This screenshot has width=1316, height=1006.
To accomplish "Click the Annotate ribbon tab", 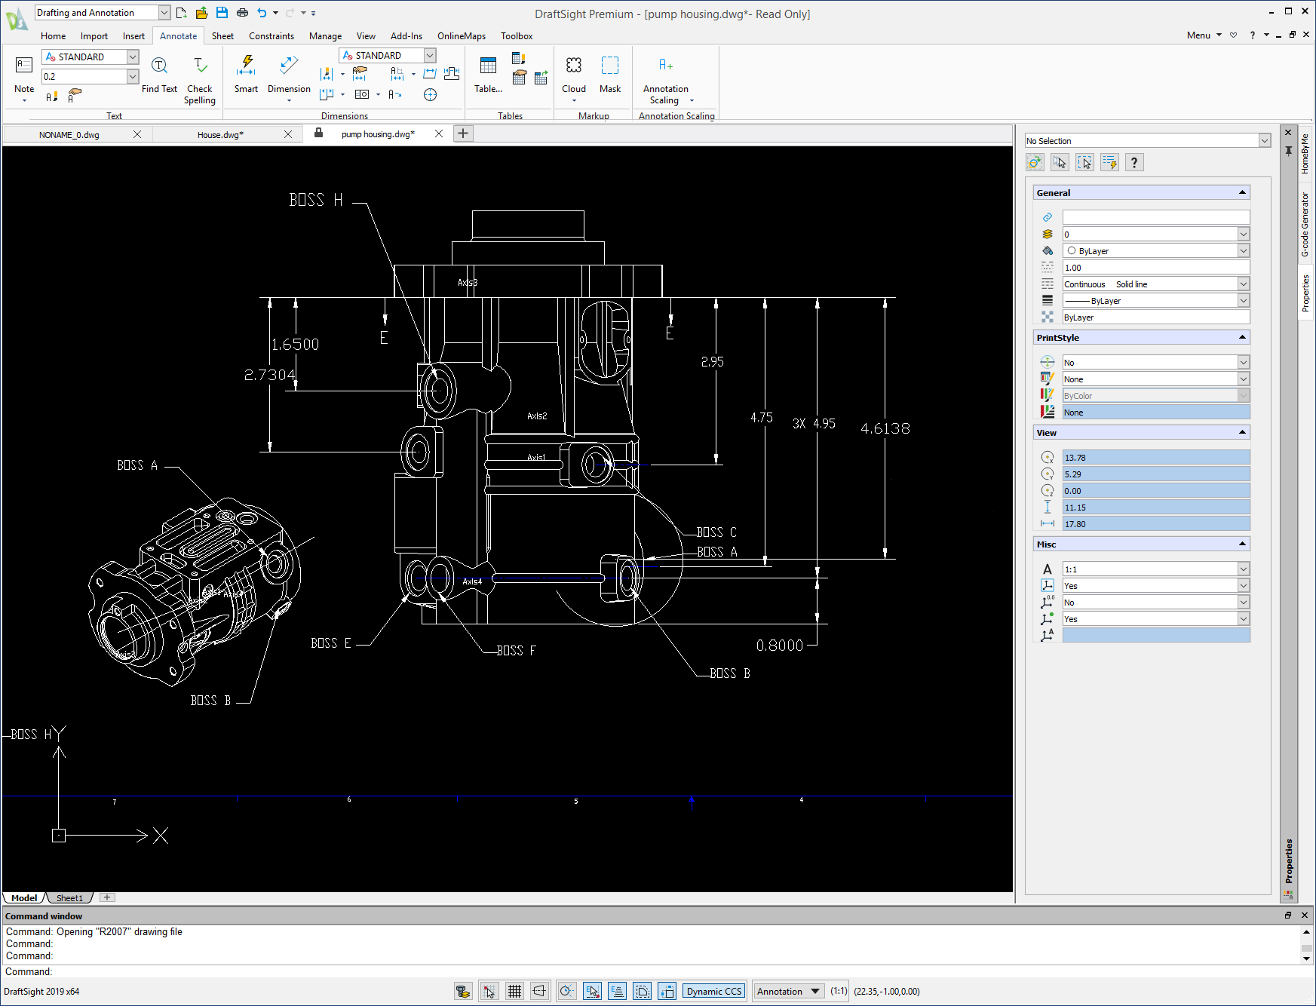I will (x=178, y=36).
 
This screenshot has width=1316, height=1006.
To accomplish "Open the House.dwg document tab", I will (x=220, y=135).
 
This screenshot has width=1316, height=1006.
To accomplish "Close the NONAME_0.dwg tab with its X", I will (x=137, y=134).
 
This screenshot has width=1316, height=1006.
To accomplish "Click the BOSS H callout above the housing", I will (x=316, y=200).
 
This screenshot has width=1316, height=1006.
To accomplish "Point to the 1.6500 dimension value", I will (x=295, y=345).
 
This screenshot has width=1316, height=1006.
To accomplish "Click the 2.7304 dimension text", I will (x=269, y=375).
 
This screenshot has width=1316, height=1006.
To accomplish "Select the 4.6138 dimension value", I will (x=885, y=428).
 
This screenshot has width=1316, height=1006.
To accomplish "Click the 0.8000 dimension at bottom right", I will (x=779, y=646).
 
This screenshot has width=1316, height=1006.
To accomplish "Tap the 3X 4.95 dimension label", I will (x=814, y=424).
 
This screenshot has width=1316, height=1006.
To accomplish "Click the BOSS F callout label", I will (x=517, y=651).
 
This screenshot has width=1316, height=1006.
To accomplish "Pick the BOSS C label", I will (x=716, y=532).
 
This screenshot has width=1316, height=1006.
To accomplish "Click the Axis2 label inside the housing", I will (x=537, y=416).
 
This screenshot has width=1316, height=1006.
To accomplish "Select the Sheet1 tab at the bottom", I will (x=69, y=898).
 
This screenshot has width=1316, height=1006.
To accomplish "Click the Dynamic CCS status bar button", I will (x=713, y=991).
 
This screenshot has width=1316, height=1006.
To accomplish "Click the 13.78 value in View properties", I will (x=1155, y=458).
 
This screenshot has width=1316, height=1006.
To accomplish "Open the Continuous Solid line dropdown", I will (x=1243, y=284).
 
